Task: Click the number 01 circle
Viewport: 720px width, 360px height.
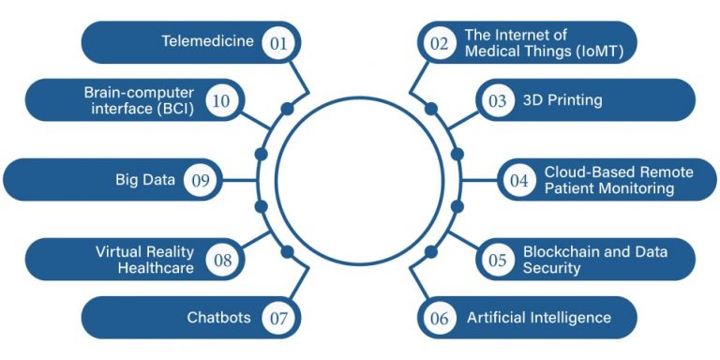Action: pos(278,43)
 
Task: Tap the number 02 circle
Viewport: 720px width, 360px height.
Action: pos(439,43)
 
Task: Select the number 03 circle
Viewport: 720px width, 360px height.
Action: pos(497,100)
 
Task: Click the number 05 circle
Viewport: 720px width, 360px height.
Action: pos(497,260)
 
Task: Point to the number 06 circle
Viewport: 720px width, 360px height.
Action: pos(439,318)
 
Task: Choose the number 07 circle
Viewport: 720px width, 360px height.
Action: pos(278,318)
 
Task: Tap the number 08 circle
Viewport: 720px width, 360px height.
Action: pos(222,260)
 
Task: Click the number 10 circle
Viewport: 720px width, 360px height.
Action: pos(222,100)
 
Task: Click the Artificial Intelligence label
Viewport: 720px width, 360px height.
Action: pos(539,318)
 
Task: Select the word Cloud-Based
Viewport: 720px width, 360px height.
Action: pos(585,172)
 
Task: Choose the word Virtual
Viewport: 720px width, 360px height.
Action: pos(118,251)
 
